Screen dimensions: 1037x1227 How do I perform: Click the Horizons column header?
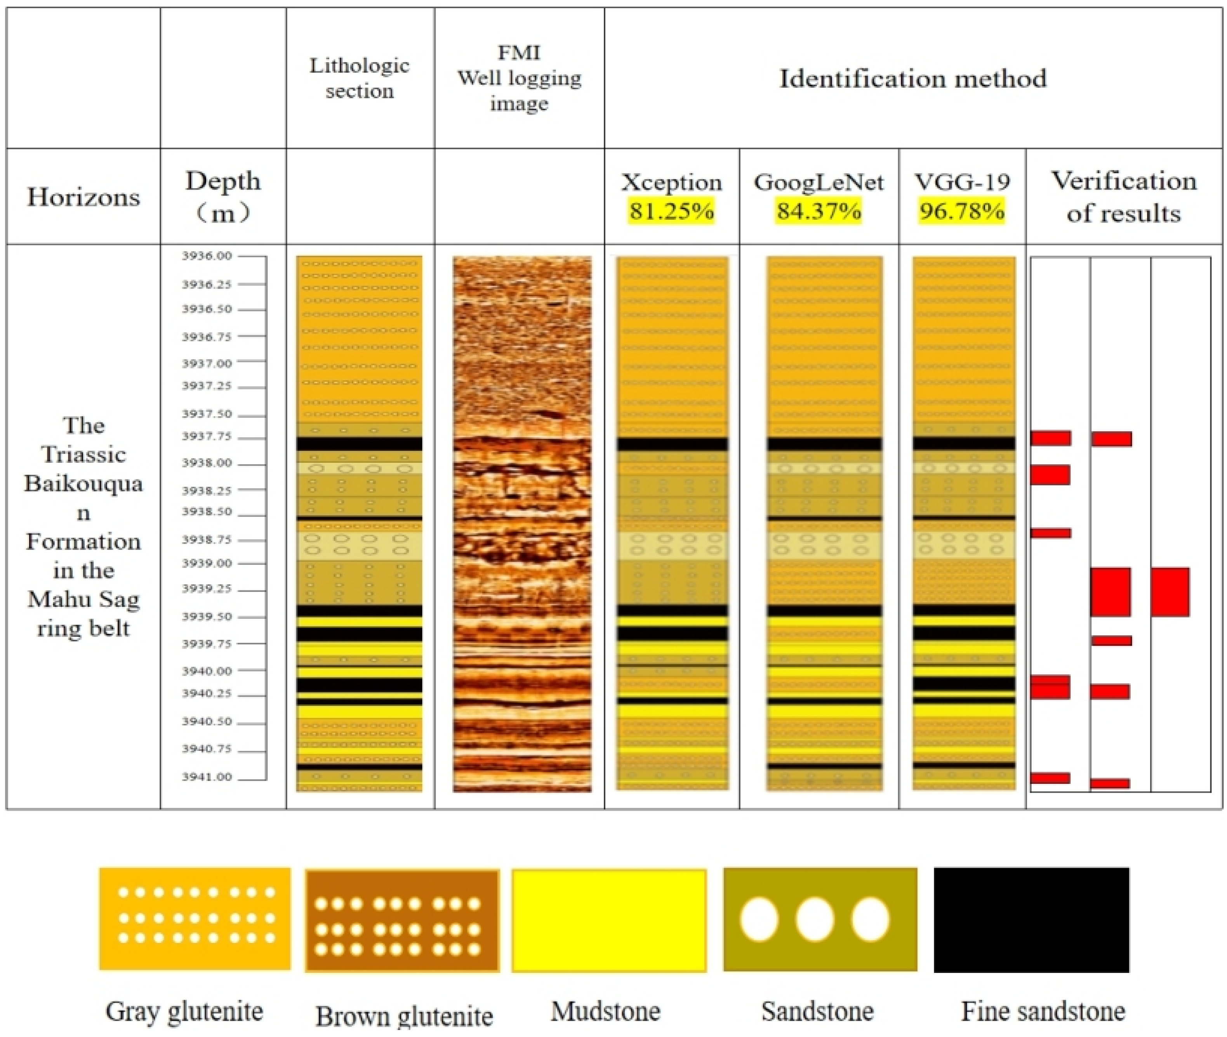[83, 197]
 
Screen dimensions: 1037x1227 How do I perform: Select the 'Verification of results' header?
[1124, 197]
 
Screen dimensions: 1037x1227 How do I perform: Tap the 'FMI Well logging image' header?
[519, 78]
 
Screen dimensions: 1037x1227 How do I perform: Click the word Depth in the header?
[223, 181]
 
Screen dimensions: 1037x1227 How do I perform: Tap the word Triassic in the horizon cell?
[83, 454]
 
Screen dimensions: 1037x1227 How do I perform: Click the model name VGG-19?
[962, 182]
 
